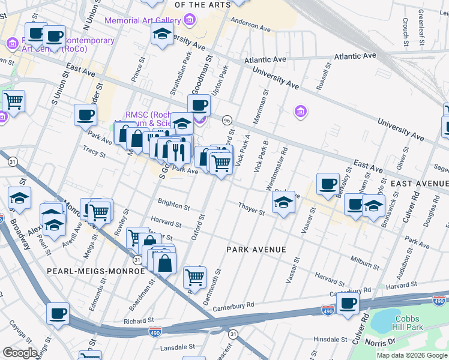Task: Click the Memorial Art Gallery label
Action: click(143, 20)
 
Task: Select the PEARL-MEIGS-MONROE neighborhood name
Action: click(96, 271)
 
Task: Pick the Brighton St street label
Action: click(173, 205)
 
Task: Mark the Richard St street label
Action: click(139, 321)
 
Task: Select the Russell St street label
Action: click(325, 76)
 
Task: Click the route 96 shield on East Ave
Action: click(227, 121)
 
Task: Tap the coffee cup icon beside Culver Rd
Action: click(348, 303)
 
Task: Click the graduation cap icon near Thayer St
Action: click(285, 202)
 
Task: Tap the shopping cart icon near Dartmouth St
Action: click(194, 277)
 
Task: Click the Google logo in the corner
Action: click(20, 353)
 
